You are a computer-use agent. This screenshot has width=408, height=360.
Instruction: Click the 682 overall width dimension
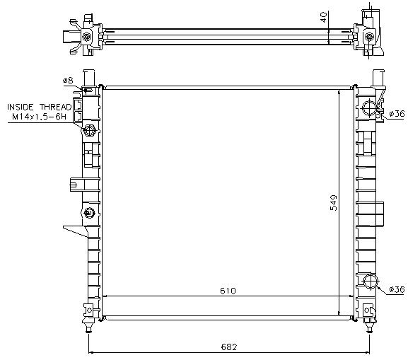point(229,347)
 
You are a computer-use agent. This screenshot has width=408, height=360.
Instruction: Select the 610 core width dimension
point(228,291)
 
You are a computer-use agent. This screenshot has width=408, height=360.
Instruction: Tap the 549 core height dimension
point(333,202)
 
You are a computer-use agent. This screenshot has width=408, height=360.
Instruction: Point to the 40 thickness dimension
point(323,18)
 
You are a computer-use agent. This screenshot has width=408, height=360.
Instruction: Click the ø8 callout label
point(68,81)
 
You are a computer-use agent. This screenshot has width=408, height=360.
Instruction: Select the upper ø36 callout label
point(397,113)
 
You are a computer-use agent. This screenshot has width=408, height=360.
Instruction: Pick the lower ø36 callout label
point(397,289)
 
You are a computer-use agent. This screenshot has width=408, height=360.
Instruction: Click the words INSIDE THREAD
point(40,107)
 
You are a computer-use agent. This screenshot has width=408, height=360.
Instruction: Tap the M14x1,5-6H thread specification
point(39,117)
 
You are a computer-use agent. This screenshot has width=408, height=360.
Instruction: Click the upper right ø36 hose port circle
point(370,108)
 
